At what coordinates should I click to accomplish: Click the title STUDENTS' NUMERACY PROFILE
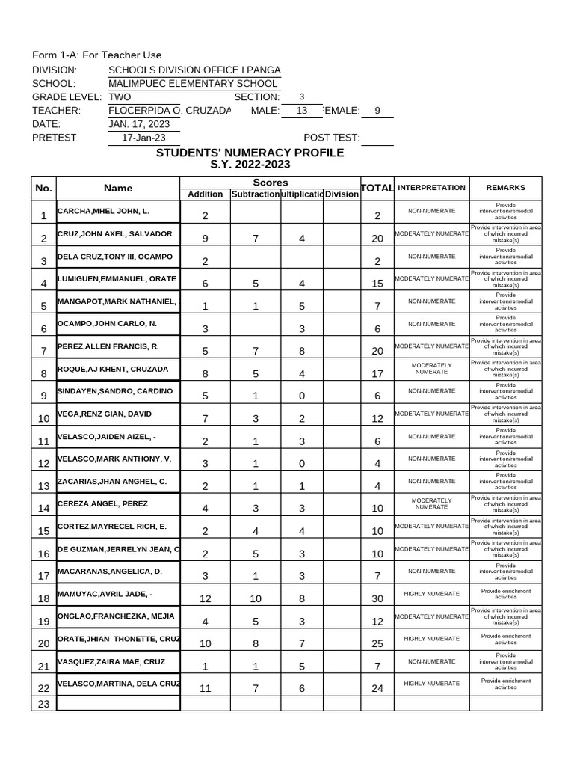pyautogui.click(x=250, y=153)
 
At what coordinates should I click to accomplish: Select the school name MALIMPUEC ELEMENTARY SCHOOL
pyautogui.click(x=194, y=84)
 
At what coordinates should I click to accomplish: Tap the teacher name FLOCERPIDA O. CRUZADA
pyautogui.click(x=170, y=111)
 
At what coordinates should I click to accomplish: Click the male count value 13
pyautogui.click(x=302, y=111)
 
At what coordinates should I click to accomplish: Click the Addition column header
pyautogui.click(x=205, y=194)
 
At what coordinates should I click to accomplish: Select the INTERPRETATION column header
pyautogui.click(x=431, y=188)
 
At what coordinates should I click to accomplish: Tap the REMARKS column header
pyautogui.click(x=506, y=188)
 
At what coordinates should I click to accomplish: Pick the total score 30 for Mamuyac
pyautogui.click(x=377, y=598)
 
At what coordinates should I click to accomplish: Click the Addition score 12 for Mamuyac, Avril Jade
pyautogui.click(x=205, y=598)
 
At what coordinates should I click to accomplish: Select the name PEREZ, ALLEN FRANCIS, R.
pyautogui.click(x=108, y=346)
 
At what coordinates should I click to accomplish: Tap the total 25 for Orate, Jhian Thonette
pyautogui.click(x=377, y=643)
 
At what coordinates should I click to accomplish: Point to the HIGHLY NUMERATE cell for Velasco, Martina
pyautogui.click(x=431, y=684)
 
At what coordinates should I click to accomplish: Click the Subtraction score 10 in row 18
pyautogui.click(x=256, y=598)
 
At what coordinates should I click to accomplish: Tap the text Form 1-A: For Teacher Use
pyautogui.click(x=96, y=55)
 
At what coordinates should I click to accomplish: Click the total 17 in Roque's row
pyautogui.click(x=377, y=373)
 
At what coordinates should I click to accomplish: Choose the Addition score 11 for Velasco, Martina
pyautogui.click(x=205, y=688)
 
